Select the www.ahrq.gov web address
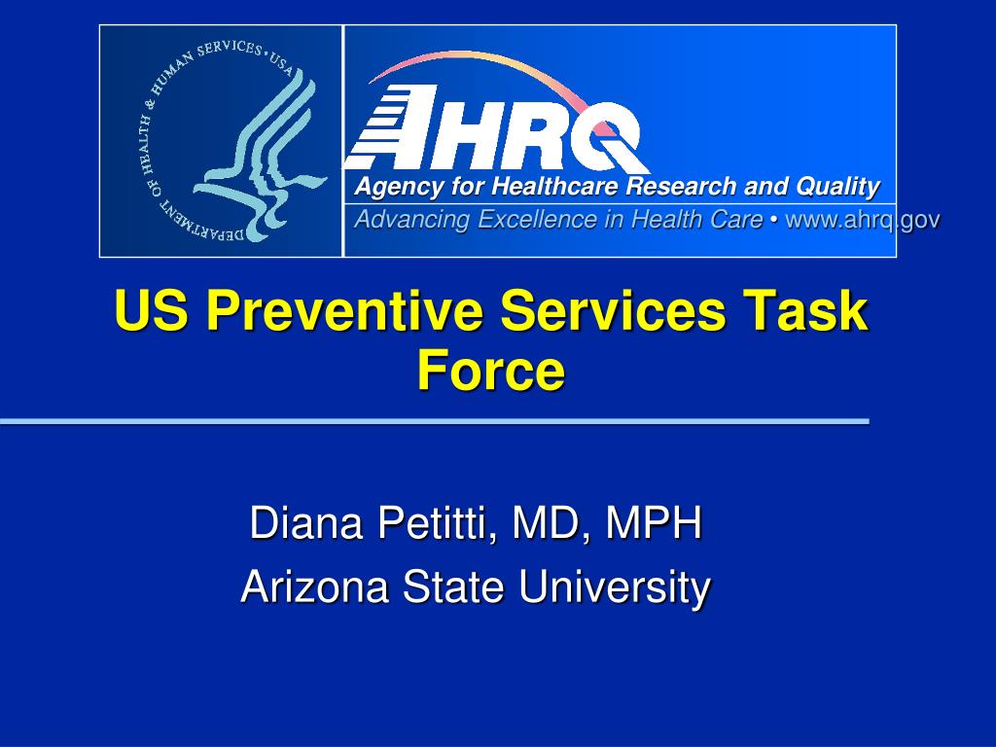click(x=862, y=220)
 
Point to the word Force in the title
click(x=490, y=371)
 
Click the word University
click(x=614, y=587)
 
